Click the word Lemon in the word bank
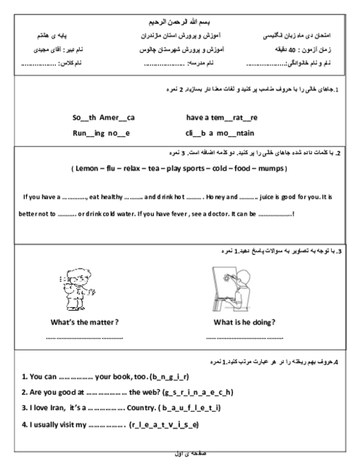tap(87, 168)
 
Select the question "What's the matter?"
tap(84, 322)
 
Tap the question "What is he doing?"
tap(245, 322)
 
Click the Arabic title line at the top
tap(180, 22)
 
